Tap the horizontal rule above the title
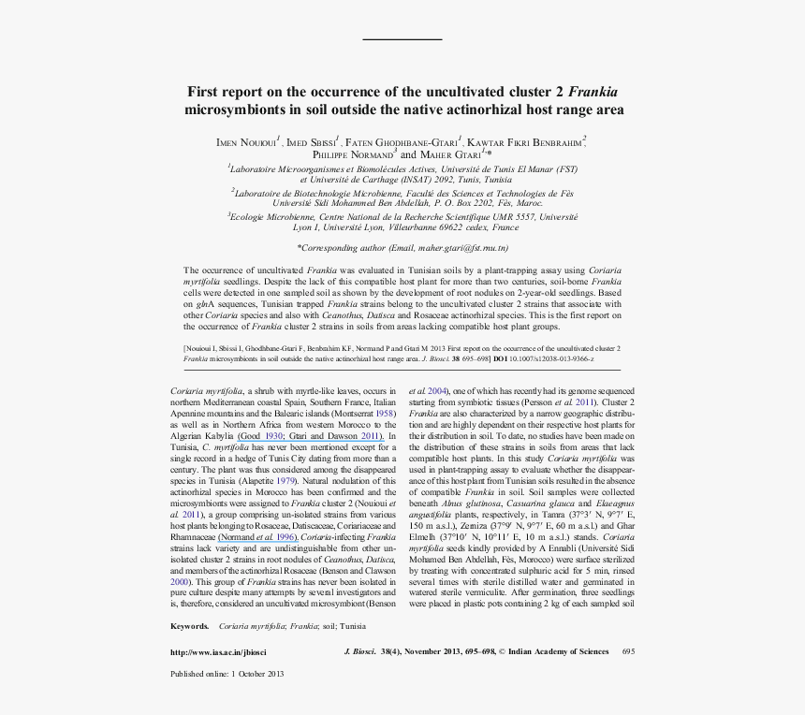pyautogui.click(x=402, y=39)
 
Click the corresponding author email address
pyautogui.click(x=462, y=248)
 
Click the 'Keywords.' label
pyautogui.click(x=190, y=625)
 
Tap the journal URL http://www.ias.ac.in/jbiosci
pyautogui.click(x=218, y=650)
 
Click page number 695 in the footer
pyautogui.click(x=628, y=650)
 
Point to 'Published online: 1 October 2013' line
pyautogui.click(x=227, y=674)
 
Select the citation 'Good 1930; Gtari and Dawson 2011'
pyautogui.click(x=311, y=436)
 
